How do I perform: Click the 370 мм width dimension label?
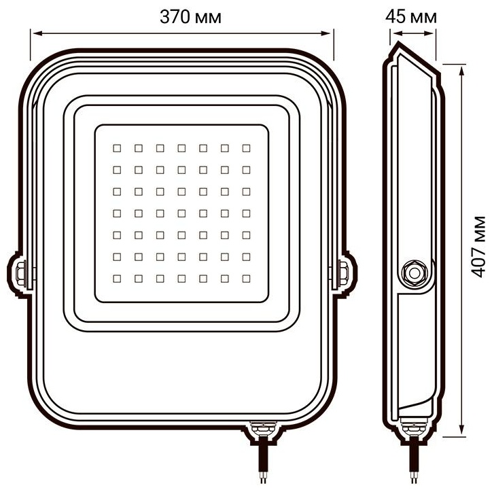(190, 17)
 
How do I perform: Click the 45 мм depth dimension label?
(410, 17)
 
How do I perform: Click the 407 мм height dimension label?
(478, 247)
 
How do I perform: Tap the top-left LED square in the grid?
(117, 148)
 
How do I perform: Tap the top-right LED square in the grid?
(246, 148)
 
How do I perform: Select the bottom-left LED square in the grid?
(117, 279)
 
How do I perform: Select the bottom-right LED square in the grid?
(246, 279)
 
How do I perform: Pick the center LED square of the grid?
(181, 213)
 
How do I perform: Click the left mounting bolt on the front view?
(20, 273)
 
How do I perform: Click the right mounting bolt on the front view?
(343, 273)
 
